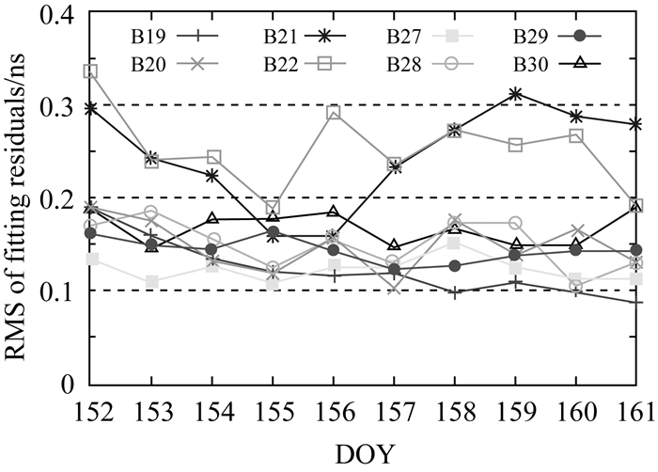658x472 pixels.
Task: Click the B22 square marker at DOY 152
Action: click(x=90, y=71)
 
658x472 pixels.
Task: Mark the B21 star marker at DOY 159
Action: click(x=515, y=94)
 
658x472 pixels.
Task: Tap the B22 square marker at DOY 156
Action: click(x=334, y=112)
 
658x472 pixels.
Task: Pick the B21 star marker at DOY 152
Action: click(x=90, y=109)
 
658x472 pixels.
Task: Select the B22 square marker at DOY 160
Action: click(x=576, y=135)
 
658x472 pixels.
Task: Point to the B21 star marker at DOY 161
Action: click(x=636, y=124)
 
